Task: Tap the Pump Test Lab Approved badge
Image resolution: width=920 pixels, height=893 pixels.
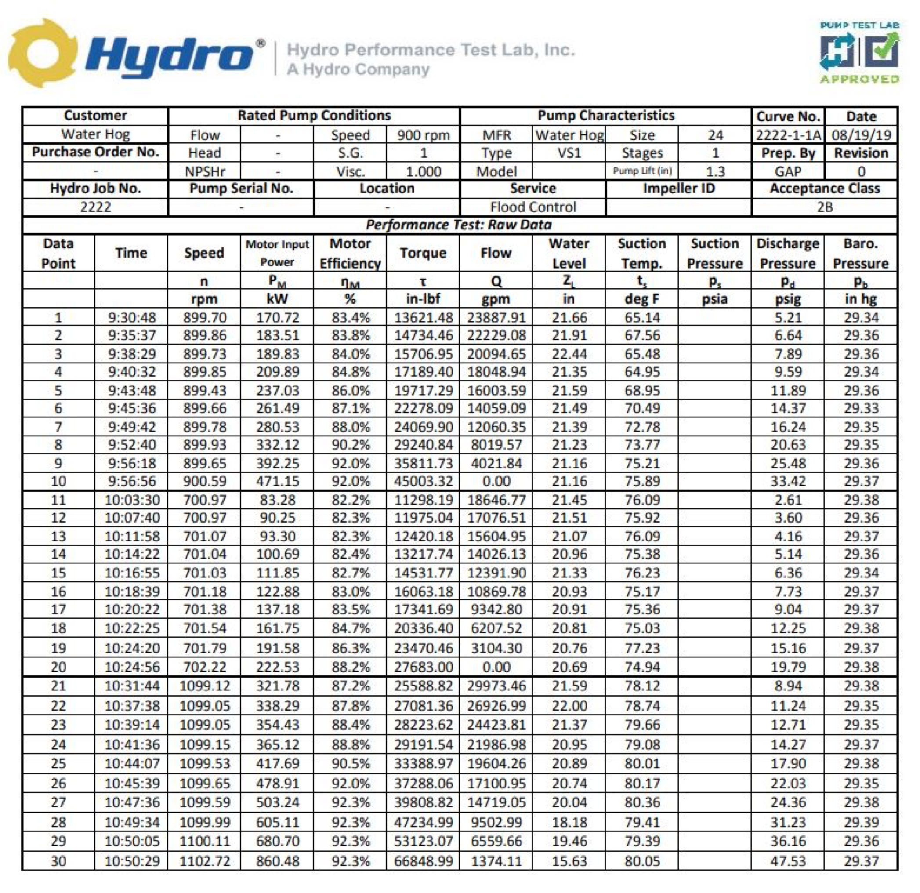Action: coord(859,53)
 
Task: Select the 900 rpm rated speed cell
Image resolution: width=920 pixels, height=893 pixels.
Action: coord(423,135)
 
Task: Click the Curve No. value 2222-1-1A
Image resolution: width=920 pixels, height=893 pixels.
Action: coord(788,135)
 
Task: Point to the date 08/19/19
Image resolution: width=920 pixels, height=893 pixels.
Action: coord(861,135)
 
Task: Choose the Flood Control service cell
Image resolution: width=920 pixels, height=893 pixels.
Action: coord(533,207)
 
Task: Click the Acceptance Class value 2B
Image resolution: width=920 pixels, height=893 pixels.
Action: coord(824,207)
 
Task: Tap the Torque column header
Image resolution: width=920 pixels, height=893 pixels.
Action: coord(423,253)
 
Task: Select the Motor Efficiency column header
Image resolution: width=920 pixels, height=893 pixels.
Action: coord(350,253)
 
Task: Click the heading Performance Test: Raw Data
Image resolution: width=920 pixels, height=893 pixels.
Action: coord(459,225)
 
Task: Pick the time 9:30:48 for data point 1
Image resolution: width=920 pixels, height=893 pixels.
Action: coord(131,318)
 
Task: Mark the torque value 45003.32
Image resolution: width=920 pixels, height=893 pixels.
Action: coord(424,481)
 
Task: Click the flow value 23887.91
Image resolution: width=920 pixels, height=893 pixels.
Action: coord(496,318)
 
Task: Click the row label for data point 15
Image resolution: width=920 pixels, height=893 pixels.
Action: coord(58,573)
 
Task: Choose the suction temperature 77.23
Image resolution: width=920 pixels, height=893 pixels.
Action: coord(642,648)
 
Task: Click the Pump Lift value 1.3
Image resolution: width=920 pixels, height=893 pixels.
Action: coord(715,171)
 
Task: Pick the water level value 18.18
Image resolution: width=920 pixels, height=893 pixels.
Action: coord(569,822)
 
